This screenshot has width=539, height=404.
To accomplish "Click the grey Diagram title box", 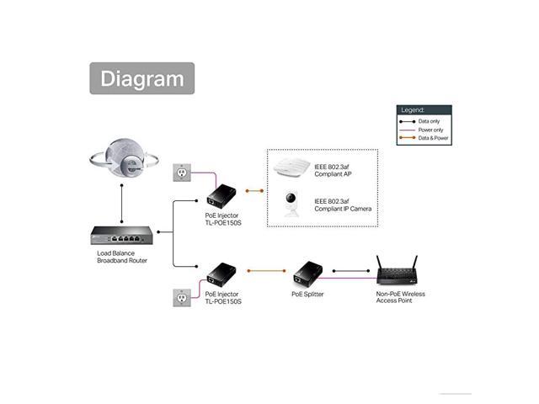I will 142,78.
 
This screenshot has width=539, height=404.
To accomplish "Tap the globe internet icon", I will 124,160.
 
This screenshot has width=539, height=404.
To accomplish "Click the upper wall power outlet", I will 181,172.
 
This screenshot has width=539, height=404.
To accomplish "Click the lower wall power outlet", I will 181,298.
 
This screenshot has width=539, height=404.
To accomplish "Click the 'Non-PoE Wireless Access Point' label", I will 401,297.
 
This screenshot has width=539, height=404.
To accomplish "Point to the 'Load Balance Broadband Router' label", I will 123,257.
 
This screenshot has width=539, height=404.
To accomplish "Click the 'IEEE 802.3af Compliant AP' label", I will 335,169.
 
